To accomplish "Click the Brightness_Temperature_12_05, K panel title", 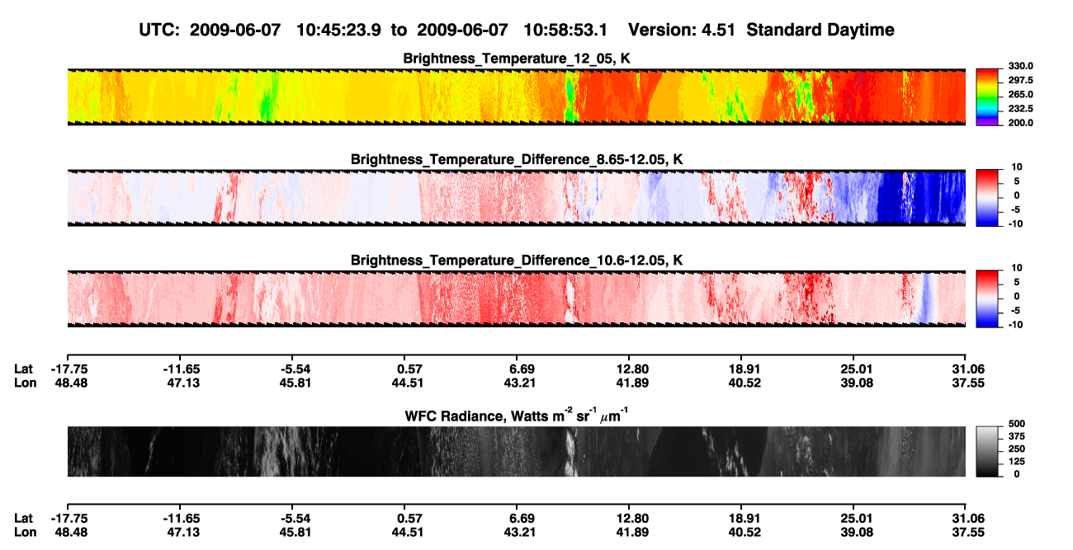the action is pos(517,59).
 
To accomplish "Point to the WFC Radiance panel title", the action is pos(517,416).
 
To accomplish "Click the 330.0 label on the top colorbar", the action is pos(1020,66).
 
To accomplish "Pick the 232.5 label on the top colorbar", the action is pos(1020,109).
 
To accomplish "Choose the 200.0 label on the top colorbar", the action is pos(1020,123).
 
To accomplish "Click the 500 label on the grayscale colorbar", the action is pos(1016,424).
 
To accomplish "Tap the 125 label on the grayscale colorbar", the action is pos(1016,462).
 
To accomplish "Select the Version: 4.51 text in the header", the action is pos(681,30).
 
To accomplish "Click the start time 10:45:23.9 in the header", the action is pos(338,30).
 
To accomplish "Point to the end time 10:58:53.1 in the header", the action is pos(565,30).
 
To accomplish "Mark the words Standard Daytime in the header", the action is pos(820,30).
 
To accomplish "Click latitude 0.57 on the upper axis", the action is pos(409,369).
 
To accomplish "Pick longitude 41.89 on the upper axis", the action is pos(631,383).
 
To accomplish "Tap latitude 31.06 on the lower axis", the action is pos(968,519).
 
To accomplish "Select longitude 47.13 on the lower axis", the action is pos(183,533).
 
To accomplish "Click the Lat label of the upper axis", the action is pos(23,369).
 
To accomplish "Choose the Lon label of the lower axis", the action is pos(25,533).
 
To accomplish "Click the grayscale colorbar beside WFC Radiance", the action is pos(987,451).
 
